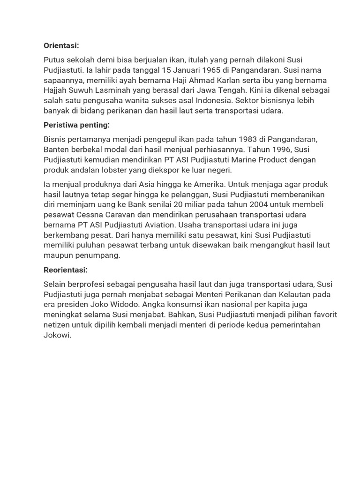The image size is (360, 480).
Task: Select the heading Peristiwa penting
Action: pos(77,125)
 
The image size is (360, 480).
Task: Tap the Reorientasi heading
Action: pos(65,270)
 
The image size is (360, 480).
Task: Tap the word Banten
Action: pos(56,150)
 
